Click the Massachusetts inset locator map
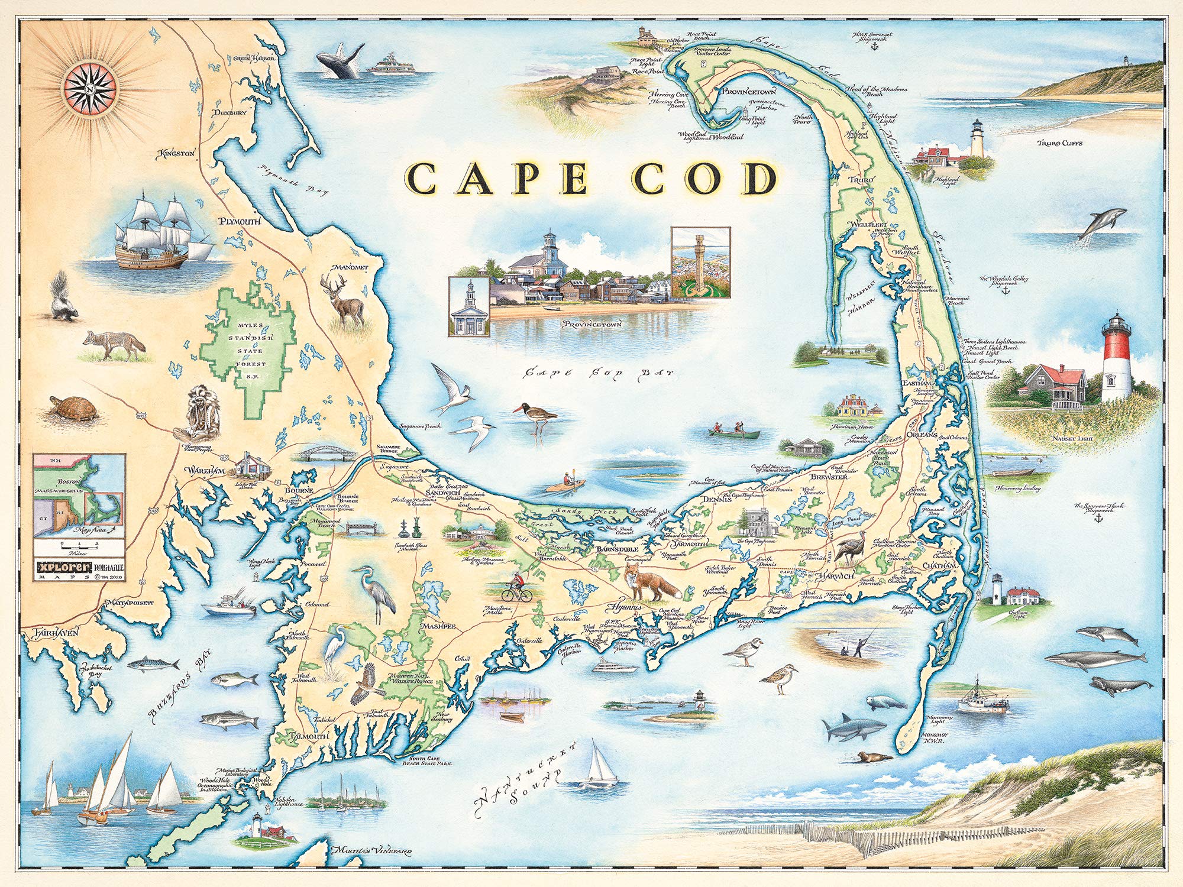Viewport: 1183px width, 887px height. (79, 495)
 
